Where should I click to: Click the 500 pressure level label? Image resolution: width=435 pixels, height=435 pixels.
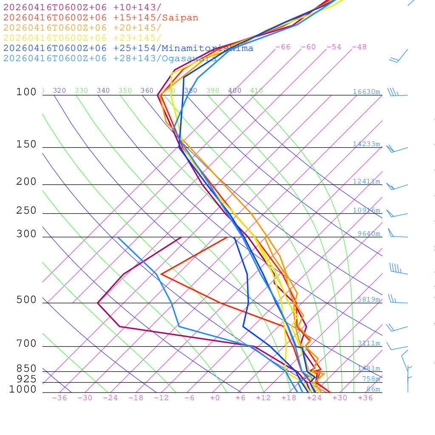26,300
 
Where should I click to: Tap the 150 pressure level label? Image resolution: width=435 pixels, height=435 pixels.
26,144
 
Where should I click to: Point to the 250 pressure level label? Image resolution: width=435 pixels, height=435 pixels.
26,211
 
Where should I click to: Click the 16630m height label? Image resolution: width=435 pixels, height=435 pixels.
366,92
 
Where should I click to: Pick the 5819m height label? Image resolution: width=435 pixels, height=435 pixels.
368,299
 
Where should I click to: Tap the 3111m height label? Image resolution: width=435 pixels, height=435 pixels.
368,343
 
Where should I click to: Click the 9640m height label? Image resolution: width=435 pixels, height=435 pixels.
368,234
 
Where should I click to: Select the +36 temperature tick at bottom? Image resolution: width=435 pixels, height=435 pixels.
365,398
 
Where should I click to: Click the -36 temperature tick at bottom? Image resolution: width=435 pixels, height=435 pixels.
59,398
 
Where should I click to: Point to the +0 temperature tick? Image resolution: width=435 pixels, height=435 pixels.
215,398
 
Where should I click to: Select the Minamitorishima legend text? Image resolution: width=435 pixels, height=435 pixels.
207,48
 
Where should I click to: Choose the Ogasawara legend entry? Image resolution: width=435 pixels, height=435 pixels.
189,58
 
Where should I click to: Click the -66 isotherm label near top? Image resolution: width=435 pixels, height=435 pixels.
282,47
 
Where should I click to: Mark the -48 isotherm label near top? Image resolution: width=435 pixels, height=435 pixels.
359,47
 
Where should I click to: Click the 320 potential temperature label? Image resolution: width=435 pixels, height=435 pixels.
59,90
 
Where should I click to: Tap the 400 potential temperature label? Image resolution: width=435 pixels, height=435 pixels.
234,90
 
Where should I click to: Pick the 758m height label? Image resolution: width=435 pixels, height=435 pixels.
371,379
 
